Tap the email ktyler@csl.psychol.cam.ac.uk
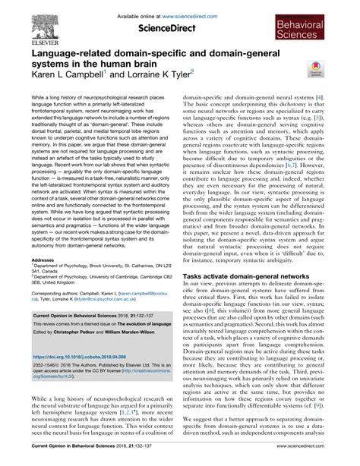click(x=119, y=301)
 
